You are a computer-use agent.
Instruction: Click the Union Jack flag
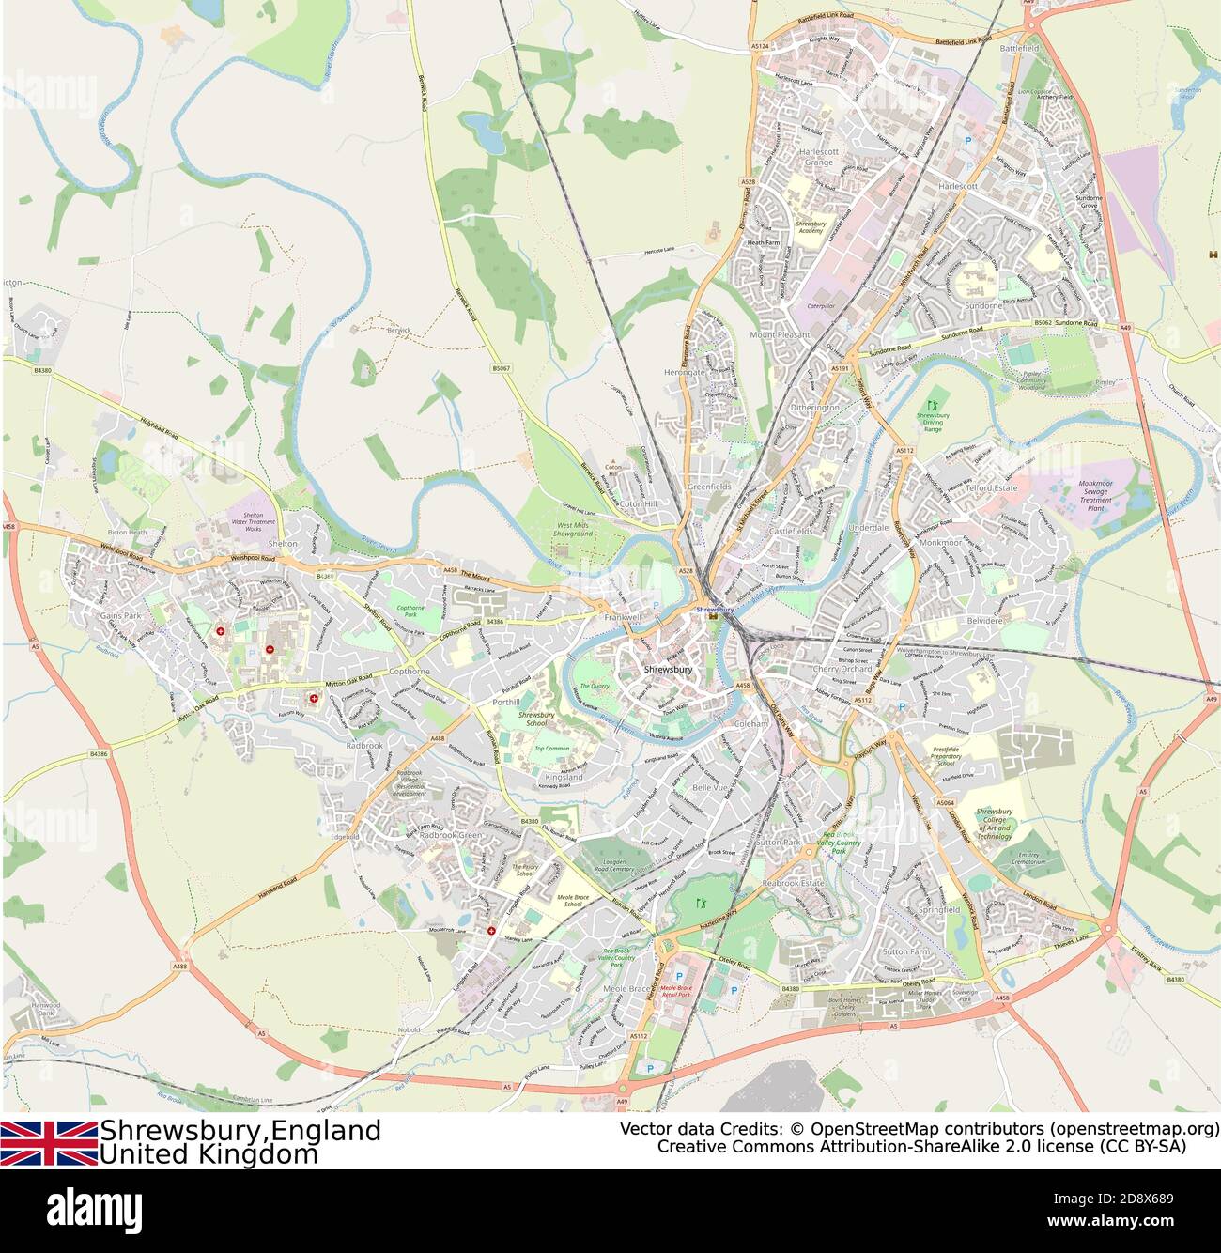point(49,1143)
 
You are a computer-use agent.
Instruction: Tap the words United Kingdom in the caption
point(209,1154)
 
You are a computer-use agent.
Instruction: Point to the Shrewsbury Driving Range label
point(932,421)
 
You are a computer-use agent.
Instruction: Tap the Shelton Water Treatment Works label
point(253,522)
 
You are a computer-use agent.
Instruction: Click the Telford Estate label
point(993,488)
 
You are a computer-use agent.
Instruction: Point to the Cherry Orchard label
point(842,669)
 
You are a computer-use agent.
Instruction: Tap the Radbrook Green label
point(450,835)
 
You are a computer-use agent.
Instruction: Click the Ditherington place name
point(814,408)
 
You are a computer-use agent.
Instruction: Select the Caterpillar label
point(821,306)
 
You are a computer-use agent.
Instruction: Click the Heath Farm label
point(763,242)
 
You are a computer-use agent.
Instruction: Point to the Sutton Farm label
point(905,951)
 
